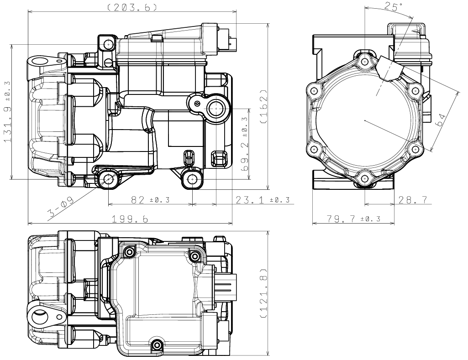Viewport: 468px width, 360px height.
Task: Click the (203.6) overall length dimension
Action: pyautogui.click(x=132, y=7)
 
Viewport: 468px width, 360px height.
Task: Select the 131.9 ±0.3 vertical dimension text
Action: pyautogui.click(x=7, y=111)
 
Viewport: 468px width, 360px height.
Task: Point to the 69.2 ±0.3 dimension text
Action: pyautogui.click(x=245, y=143)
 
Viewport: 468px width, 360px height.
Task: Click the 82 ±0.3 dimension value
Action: pyautogui.click(x=150, y=199)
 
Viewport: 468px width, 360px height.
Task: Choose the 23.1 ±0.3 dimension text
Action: pyautogui.click(x=263, y=199)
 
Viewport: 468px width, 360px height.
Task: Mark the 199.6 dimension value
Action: pyautogui.click(x=130, y=219)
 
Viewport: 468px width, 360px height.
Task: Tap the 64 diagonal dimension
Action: pyautogui.click(x=442, y=120)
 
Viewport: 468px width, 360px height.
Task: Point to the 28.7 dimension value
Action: pyautogui.click(x=412, y=199)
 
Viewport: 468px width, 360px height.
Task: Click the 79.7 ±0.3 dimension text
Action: pyautogui.click(x=353, y=219)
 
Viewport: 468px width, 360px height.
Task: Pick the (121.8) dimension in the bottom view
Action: pyautogui.click(x=263, y=293)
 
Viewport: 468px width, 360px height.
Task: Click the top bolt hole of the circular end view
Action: pyautogui.click(x=364, y=62)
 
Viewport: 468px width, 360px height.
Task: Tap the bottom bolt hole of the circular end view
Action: pyautogui.click(x=364, y=179)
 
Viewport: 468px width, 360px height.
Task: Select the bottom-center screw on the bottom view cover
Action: pyautogui.click(x=157, y=345)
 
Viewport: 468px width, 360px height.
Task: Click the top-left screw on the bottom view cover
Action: pyautogui.click(x=130, y=252)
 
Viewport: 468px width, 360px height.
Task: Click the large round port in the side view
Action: pyautogui.click(x=216, y=110)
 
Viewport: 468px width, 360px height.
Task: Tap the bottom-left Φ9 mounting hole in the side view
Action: pyautogui.click(x=108, y=179)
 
